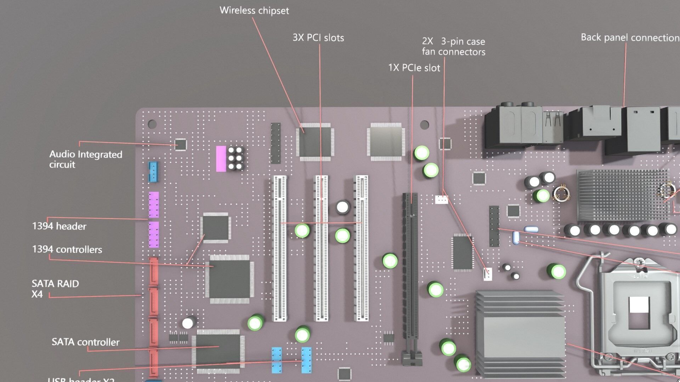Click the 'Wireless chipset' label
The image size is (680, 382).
[254, 11]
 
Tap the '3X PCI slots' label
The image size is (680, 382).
[318, 38]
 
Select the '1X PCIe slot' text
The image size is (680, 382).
[414, 68]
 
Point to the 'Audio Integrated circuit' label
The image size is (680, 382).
[85, 159]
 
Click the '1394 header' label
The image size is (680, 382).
[59, 226]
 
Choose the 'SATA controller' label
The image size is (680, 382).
[85, 342]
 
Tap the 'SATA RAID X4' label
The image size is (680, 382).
[55, 289]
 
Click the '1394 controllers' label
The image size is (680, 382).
[67, 250]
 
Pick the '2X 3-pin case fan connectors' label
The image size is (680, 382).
[453, 47]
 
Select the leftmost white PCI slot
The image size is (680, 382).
[279, 248]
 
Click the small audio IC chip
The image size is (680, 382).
[181, 144]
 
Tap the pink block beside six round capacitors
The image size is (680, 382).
[221, 159]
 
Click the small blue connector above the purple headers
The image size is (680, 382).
[153, 172]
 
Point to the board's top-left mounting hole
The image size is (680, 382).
[152, 124]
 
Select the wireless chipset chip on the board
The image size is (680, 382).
[315, 142]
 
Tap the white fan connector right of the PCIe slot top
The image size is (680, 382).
[441, 199]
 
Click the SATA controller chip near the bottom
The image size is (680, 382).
[218, 350]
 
